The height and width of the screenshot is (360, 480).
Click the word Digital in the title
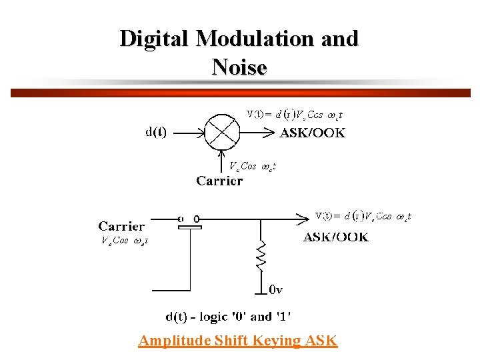[154, 39]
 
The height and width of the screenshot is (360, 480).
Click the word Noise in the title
[239, 67]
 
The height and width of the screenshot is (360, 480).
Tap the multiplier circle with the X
[221, 132]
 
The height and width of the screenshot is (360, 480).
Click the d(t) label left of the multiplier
[156, 132]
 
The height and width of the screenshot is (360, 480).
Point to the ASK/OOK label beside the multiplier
[312, 133]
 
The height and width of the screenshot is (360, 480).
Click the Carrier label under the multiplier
[219, 180]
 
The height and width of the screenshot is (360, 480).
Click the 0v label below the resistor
[276, 290]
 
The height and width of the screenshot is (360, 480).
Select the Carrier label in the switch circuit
[121, 226]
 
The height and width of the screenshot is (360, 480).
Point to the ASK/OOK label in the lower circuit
[335, 237]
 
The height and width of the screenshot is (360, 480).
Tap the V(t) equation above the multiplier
[294, 114]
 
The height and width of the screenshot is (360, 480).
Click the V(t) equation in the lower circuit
[363, 216]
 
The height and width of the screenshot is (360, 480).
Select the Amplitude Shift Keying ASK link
[238, 341]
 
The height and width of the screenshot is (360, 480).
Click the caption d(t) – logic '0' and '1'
[228, 317]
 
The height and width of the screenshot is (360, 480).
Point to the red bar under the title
[240, 93]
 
